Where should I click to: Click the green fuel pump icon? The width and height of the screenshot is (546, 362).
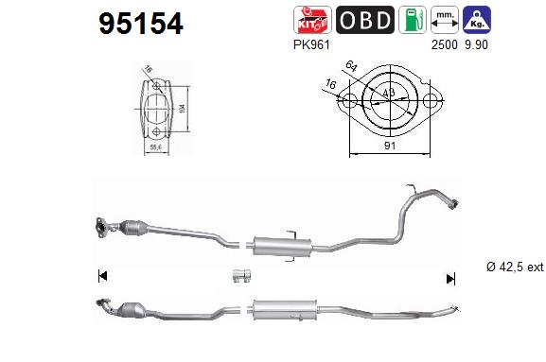point(411,20)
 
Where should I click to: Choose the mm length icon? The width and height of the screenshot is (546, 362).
point(443,20)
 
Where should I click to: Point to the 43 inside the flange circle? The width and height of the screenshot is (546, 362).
point(390,94)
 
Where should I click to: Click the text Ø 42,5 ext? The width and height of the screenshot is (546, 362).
point(512,267)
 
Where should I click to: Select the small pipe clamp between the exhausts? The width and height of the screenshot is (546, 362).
point(240,276)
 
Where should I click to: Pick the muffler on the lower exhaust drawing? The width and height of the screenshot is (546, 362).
point(276,309)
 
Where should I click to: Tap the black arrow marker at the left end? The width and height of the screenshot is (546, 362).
point(102,276)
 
